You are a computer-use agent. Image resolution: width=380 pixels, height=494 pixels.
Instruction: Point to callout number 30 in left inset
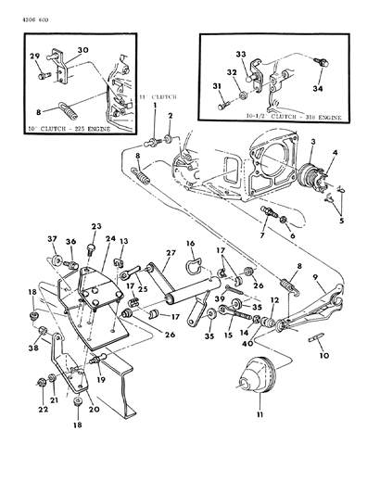click(83, 51)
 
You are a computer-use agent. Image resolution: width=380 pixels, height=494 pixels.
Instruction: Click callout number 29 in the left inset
click(34, 57)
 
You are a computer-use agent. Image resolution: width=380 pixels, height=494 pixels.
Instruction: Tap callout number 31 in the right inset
click(217, 88)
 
